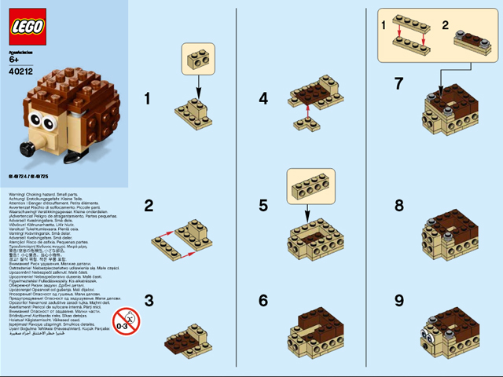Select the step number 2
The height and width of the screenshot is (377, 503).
point(149,206)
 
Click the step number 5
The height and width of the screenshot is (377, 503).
point(263,206)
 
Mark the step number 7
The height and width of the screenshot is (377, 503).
point(399,82)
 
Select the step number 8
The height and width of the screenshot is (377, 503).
point(399,206)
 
